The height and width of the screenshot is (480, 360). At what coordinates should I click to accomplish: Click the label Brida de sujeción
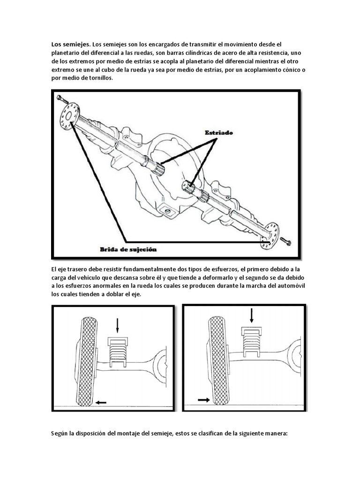[x=128, y=249]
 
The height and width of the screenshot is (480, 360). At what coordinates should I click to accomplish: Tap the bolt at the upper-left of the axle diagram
[x=62, y=99]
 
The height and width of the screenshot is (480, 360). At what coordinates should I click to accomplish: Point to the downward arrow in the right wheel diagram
[x=252, y=315]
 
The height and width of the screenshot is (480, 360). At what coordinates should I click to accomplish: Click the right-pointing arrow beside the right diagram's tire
[x=203, y=400]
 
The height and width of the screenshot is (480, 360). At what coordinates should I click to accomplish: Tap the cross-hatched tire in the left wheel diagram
[x=87, y=361]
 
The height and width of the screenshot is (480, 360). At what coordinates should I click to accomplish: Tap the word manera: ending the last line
[x=275, y=434]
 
